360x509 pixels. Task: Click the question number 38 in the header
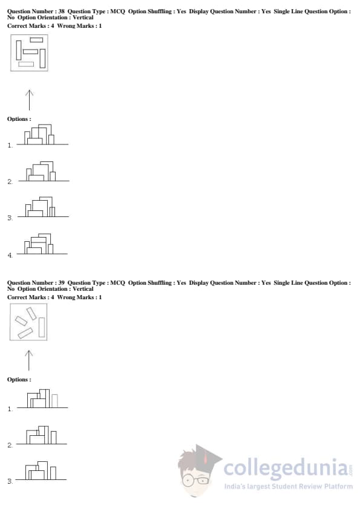point(61,11)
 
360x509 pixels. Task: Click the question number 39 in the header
point(61,283)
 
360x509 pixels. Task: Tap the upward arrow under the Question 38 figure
point(29,100)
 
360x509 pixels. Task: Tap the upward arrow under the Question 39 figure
point(29,360)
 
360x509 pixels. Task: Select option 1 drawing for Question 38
point(42,135)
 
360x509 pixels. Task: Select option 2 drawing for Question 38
point(44,172)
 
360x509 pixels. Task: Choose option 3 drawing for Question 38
point(43,207)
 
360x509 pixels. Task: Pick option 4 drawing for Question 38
point(42,244)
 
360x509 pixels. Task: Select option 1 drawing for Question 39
point(42,398)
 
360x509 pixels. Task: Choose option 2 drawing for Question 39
point(42,435)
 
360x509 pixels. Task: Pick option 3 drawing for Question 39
point(41,471)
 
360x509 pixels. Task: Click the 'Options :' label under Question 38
point(19,119)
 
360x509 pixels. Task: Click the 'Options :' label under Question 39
point(19,380)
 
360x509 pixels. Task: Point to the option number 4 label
point(10,256)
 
